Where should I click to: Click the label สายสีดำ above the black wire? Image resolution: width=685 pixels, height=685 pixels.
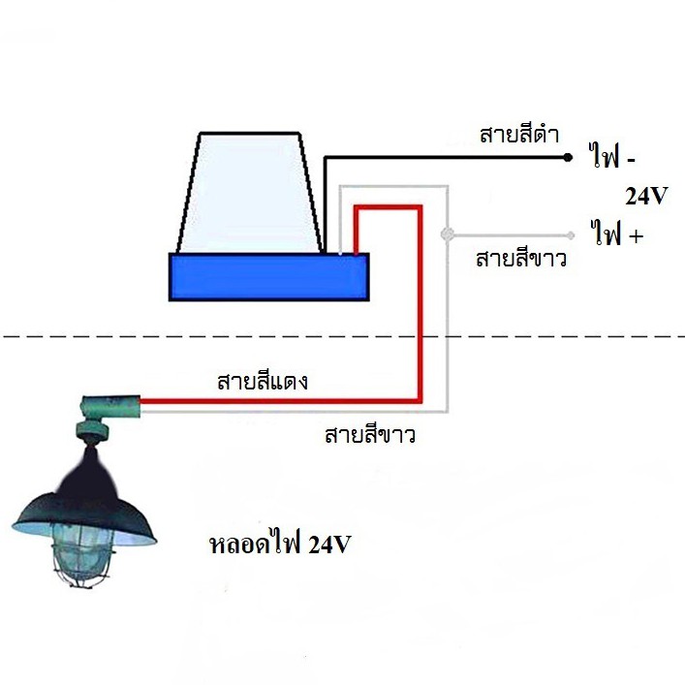point(519,134)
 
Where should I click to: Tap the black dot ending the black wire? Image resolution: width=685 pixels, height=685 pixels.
point(567,157)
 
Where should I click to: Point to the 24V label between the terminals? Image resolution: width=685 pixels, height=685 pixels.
point(646,196)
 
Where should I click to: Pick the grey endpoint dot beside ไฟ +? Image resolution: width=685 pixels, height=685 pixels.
point(570,235)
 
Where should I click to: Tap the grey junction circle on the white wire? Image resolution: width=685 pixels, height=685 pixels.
point(447,234)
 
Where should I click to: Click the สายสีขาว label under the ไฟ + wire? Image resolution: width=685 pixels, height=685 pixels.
point(521,259)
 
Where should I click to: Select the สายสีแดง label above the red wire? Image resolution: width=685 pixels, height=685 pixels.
point(263,382)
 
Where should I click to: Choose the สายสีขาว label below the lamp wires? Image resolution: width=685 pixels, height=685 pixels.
point(370,435)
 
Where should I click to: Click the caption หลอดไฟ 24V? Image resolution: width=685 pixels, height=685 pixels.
point(280,544)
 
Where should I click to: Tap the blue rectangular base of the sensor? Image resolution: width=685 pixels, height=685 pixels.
point(269,277)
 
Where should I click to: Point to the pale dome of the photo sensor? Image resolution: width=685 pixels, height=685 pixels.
point(250,192)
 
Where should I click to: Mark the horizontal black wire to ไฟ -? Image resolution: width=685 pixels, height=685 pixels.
point(446,157)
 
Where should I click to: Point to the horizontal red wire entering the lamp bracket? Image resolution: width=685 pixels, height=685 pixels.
point(280,400)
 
